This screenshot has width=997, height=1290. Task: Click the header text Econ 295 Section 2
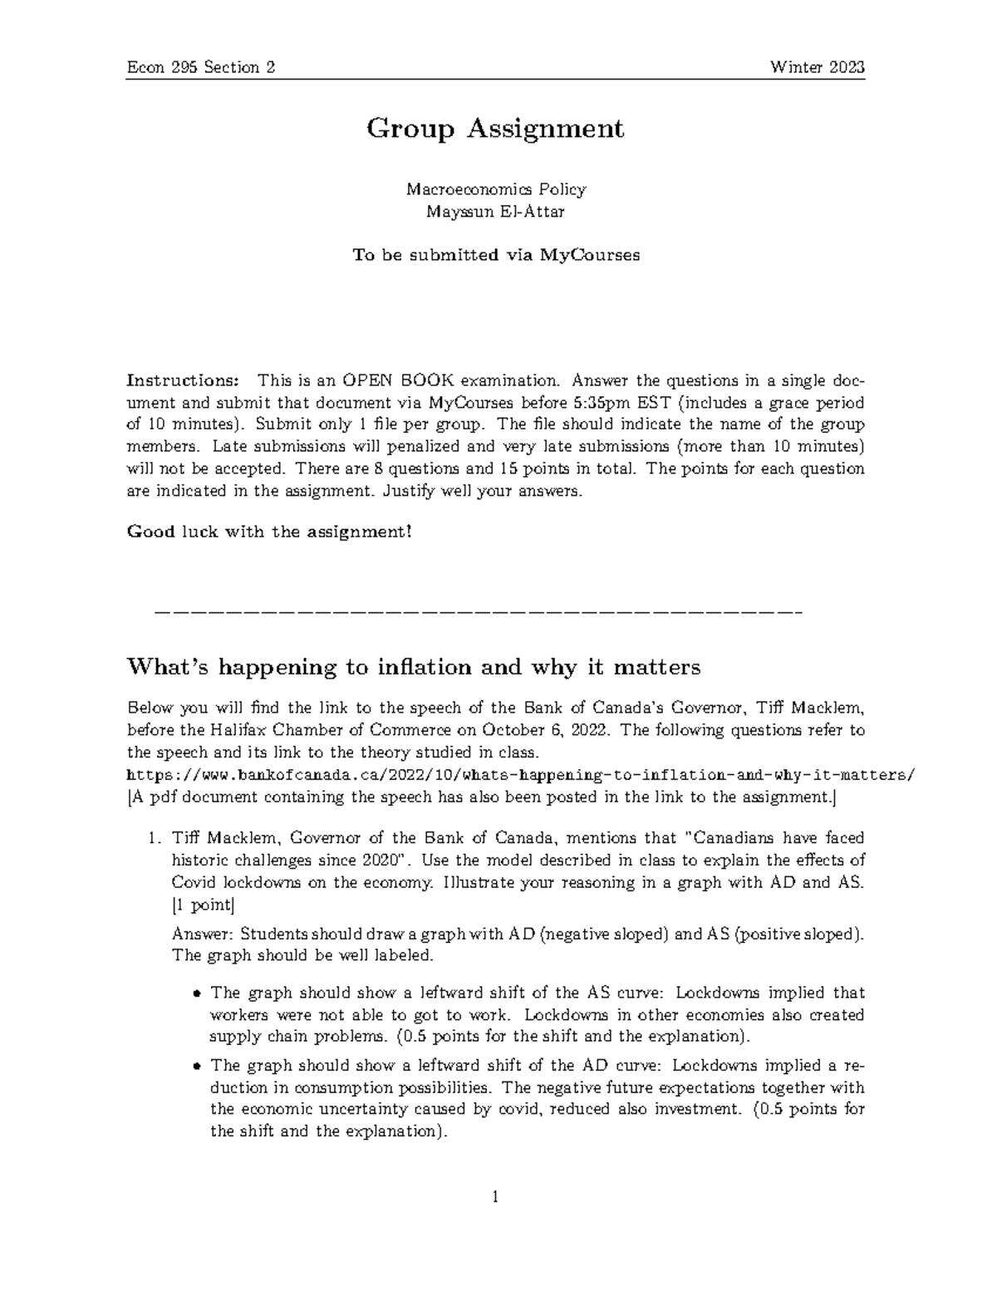pyautogui.click(x=200, y=68)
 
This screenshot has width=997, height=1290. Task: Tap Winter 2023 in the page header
pyautogui.click(x=818, y=68)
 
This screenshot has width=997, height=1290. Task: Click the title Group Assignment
pyautogui.click(x=495, y=129)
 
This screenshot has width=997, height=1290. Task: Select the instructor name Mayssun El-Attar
pyautogui.click(x=495, y=211)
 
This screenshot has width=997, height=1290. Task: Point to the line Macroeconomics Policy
pyautogui.click(x=495, y=189)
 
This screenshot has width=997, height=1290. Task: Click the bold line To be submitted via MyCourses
pyautogui.click(x=495, y=255)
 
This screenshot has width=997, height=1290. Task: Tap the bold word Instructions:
pyautogui.click(x=182, y=381)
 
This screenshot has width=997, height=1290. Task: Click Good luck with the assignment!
pyautogui.click(x=268, y=532)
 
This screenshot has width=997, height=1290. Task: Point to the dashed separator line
pyautogui.click(x=479, y=613)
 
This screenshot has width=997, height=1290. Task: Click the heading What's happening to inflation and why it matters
pyautogui.click(x=413, y=667)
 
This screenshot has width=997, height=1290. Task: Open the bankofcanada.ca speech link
pyautogui.click(x=520, y=775)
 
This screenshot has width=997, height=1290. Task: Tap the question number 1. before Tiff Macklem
pyautogui.click(x=156, y=838)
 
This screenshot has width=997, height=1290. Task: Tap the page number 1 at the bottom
pyautogui.click(x=495, y=1197)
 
